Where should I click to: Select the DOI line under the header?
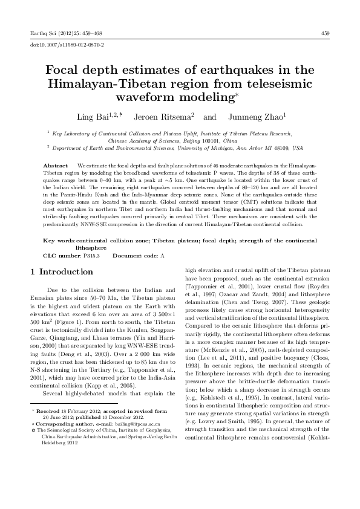[x=67, y=45]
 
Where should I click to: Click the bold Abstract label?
[x=56, y=164]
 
